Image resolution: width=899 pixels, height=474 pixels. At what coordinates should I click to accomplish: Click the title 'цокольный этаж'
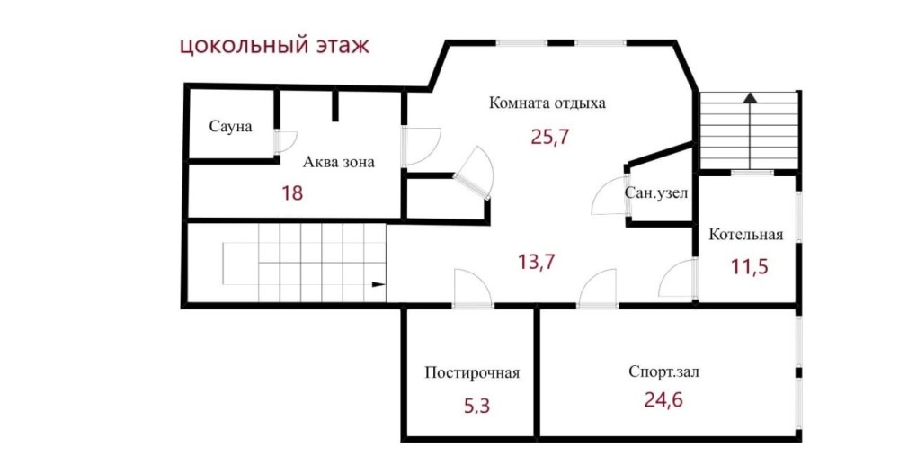[x=274, y=45]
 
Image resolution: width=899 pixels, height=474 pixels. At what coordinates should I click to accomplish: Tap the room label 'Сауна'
[x=230, y=126]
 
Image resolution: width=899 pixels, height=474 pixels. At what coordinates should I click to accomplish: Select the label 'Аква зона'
[x=338, y=162]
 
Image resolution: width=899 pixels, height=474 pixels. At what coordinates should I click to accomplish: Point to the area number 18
[x=292, y=192]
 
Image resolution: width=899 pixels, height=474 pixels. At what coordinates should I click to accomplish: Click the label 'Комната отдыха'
[x=547, y=103]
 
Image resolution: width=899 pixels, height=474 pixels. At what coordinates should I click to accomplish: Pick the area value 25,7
[x=550, y=137]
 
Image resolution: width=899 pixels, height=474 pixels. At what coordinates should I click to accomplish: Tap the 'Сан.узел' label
[x=656, y=193]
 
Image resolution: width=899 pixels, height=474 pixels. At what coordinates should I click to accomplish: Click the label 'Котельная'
[x=746, y=234]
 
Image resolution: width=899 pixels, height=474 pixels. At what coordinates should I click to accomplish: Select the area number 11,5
[x=750, y=267]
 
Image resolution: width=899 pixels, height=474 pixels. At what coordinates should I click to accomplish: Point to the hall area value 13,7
[x=537, y=262]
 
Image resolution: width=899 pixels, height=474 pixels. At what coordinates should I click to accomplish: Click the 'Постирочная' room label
[x=472, y=373]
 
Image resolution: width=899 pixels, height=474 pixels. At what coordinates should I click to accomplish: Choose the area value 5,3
[x=477, y=407]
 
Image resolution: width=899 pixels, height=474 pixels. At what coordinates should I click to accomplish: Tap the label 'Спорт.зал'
[x=664, y=371]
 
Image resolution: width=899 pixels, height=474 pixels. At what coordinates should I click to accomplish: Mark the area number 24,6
[x=663, y=399]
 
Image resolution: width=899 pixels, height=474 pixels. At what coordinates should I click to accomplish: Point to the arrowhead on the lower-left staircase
[x=379, y=284]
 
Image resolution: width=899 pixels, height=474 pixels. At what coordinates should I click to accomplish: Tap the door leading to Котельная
[x=678, y=279]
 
